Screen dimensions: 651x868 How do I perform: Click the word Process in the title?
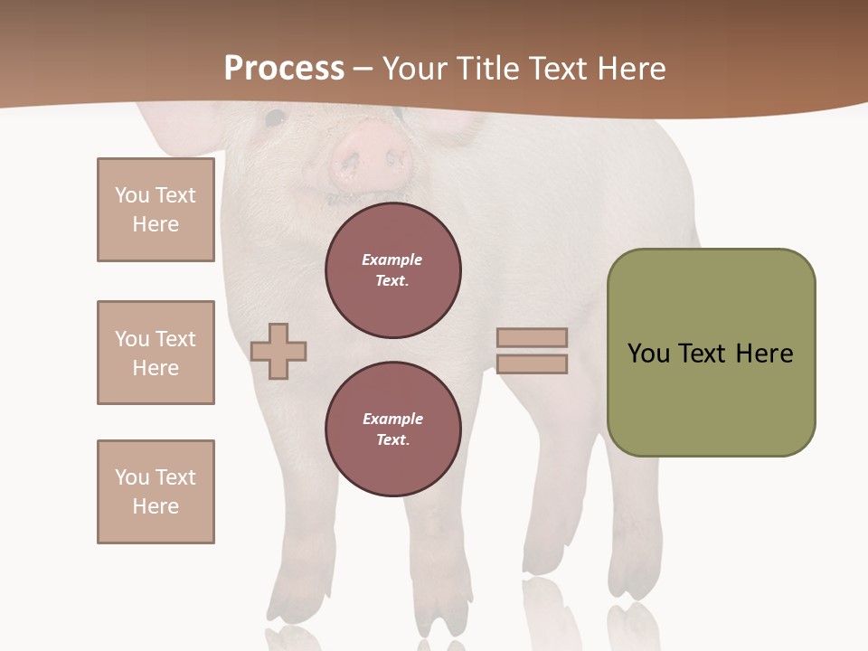point(284,68)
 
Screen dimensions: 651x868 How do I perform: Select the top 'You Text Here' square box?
point(156,210)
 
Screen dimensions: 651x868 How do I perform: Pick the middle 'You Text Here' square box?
point(156,353)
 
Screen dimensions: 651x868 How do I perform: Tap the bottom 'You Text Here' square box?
point(156,492)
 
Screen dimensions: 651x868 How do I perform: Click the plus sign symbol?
point(278,351)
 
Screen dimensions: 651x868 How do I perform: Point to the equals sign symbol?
point(532,351)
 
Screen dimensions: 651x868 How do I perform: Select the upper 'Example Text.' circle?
point(393,270)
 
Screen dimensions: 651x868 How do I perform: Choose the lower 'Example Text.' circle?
point(393,429)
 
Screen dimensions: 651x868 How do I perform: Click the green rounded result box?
point(711,353)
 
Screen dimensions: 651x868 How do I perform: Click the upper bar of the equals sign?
point(532,337)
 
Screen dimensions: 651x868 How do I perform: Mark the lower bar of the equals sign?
point(532,364)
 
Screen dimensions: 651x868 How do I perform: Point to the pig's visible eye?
point(274,118)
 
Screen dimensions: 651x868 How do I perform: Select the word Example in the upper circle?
point(392,259)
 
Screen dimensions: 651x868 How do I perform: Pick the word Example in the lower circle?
point(392,419)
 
